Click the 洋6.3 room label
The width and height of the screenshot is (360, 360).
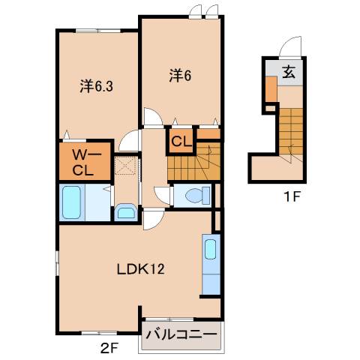97,86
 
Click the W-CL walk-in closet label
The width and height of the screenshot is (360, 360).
82,162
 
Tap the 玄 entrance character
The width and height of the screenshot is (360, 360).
289,72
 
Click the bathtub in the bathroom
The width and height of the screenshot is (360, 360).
73,202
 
